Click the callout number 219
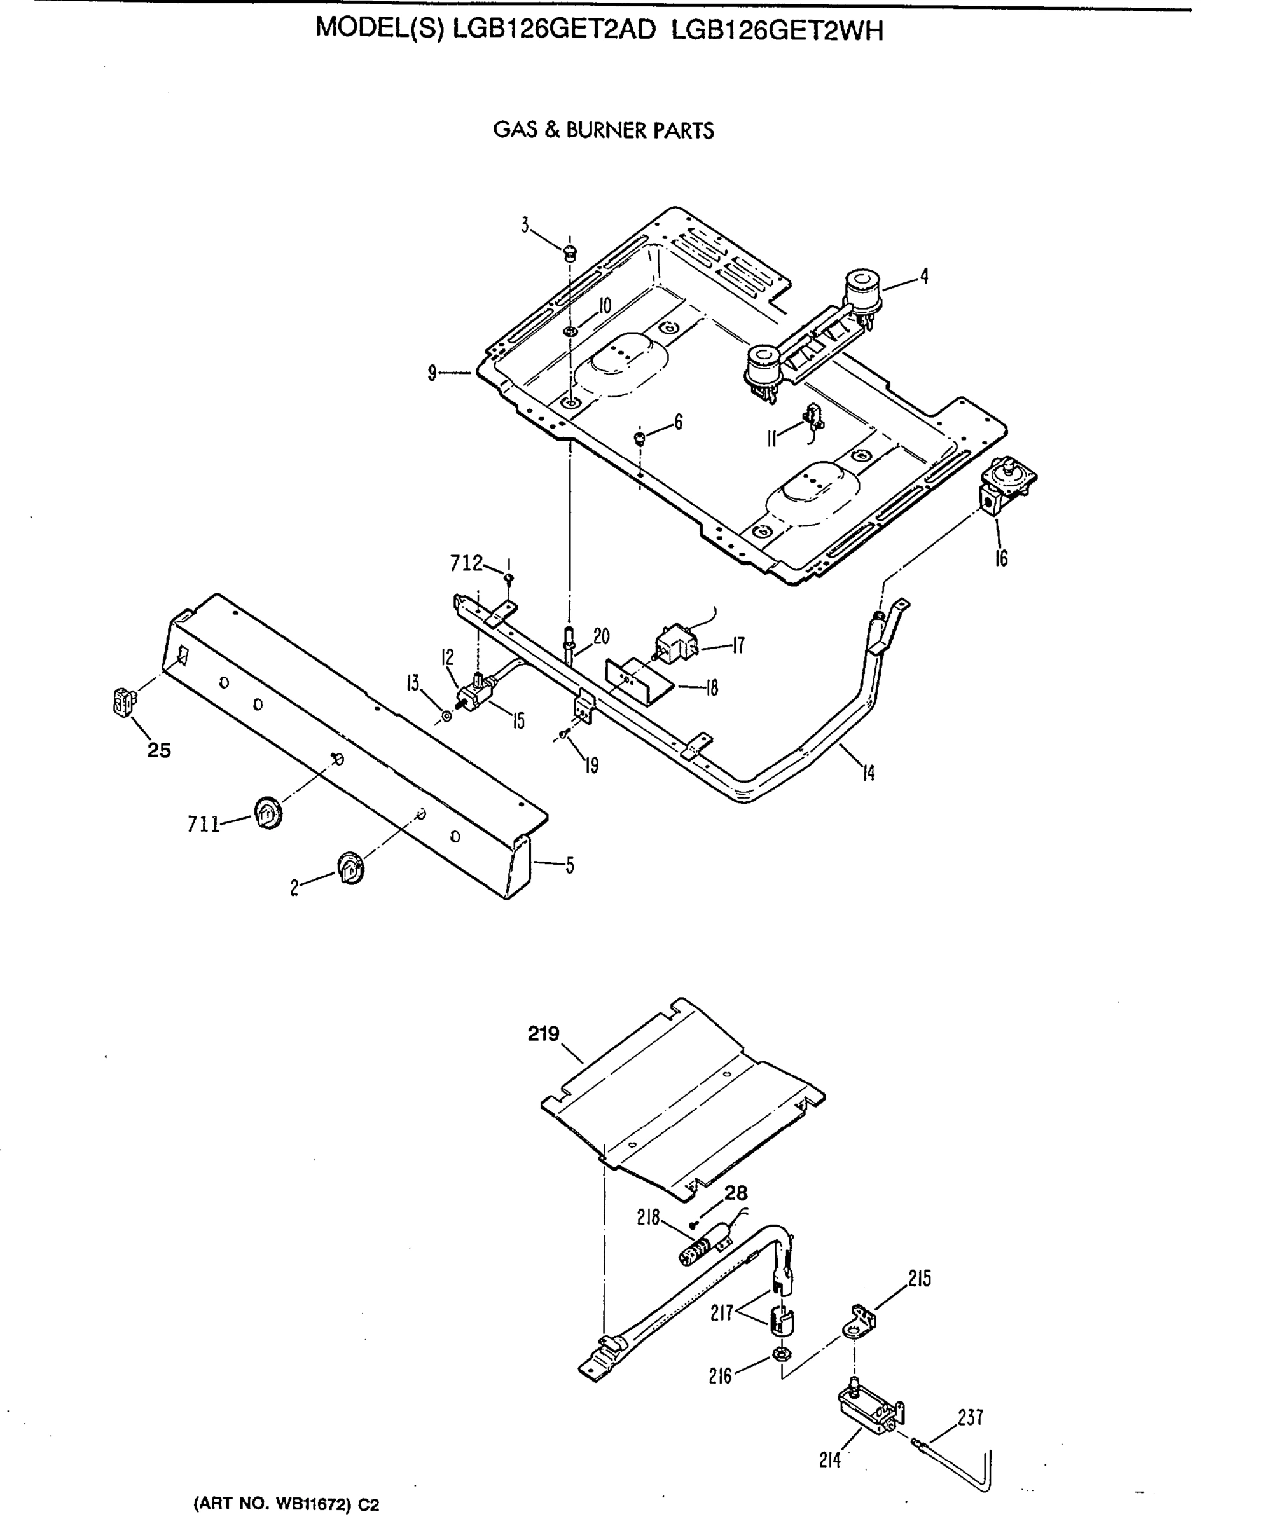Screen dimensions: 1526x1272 (544, 1033)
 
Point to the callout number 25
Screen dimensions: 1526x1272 (159, 750)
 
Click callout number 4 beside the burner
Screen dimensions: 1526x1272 (924, 276)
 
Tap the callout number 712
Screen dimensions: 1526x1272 (466, 563)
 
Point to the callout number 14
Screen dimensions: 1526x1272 (868, 773)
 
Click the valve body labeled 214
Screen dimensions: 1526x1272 (869, 1410)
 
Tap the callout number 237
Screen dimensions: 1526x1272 (971, 1417)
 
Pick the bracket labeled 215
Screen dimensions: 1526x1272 (860, 1321)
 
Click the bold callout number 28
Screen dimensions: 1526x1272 (736, 1193)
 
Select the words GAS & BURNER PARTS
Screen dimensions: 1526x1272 (604, 131)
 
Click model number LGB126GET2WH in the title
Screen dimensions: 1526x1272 (777, 31)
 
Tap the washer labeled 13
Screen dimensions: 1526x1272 (446, 717)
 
